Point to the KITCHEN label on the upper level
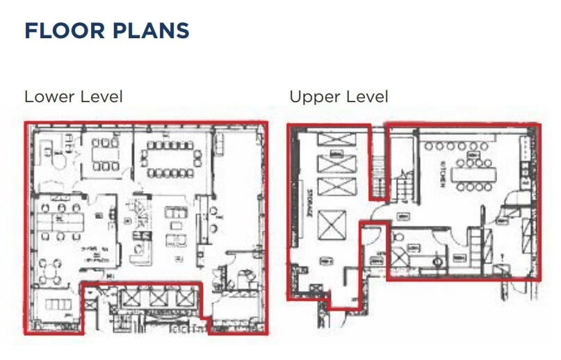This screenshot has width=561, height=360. [x=442, y=175]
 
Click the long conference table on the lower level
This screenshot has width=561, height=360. [x=169, y=156]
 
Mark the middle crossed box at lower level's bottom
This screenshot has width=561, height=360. [x=157, y=298]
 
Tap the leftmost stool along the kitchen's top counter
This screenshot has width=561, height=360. [x=429, y=146]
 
